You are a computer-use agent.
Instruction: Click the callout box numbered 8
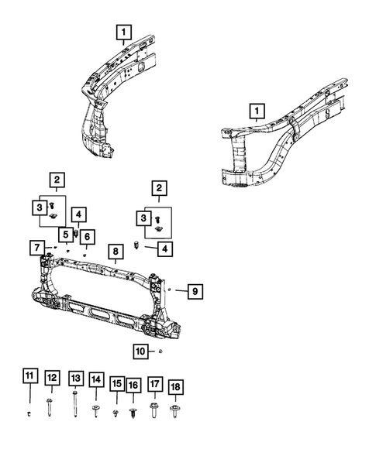(114, 252)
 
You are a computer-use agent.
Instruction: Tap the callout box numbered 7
(36, 248)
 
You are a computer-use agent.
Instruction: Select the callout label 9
(195, 291)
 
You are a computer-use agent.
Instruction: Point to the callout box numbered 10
(140, 351)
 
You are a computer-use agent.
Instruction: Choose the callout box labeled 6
(85, 236)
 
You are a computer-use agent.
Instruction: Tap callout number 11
(29, 377)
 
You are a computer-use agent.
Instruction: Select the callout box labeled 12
(51, 378)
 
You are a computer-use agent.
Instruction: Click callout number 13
(74, 378)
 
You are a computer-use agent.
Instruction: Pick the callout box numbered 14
(95, 379)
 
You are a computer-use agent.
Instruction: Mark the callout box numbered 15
(116, 383)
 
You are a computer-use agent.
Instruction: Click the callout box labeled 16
(133, 385)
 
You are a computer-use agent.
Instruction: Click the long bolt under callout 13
(74, 403)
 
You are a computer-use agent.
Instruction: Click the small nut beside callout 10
(158, 351)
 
